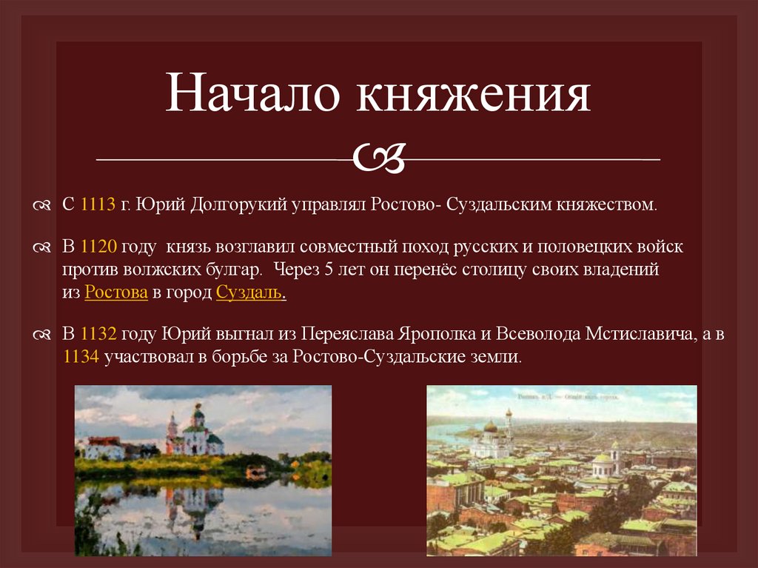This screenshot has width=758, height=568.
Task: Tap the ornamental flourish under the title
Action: [x=379, y=156]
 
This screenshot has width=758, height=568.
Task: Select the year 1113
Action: [x=96, y=204]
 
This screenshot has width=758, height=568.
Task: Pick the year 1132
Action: [x=99, y=334]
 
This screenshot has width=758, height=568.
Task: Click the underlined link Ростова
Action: [x=116, y=293]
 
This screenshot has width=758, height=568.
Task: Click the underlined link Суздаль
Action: [x=249, y=293]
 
